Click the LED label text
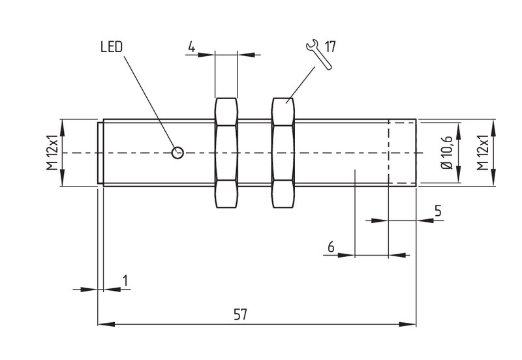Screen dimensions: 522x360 coord(112,47)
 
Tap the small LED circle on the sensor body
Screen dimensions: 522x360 coord(177,153)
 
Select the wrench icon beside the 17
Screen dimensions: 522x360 coord(318,55)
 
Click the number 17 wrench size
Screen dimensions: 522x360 coord(330,46)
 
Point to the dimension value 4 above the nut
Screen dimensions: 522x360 coord(191,46)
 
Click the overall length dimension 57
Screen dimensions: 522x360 coord(240,314)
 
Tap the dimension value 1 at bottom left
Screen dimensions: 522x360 coord(125,280)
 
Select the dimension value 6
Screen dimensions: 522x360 coord(331,247)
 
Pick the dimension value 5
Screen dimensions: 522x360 coord(438,211)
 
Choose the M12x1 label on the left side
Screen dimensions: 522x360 coord(52,153)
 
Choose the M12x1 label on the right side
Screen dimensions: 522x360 coord(482,153)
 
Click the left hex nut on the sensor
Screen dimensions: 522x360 coord(226,153)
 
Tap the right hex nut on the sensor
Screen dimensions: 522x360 coord(283,153)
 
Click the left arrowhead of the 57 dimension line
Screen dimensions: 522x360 coord(106,324)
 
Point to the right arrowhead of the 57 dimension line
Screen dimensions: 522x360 coord(407,324)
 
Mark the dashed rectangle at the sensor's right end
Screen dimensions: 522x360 coord(402,153)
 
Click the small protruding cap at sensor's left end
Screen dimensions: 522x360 coord(100,153)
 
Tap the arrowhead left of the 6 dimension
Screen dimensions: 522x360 coord(346,255)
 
